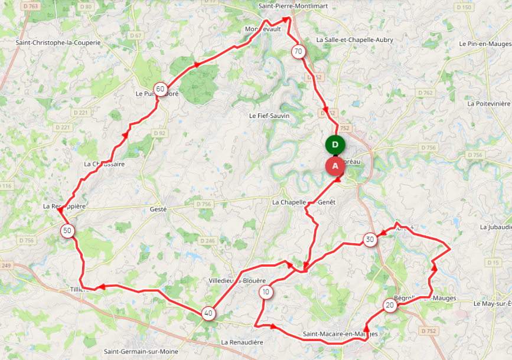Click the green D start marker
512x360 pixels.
point(335,145)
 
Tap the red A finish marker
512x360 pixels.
point(335,166)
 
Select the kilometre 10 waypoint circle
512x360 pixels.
point(266,292)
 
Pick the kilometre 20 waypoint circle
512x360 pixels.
point(390,305)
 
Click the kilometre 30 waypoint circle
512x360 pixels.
point(370,239)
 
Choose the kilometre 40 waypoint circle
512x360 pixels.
point(208,313)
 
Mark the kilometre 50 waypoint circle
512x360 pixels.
point(68,231)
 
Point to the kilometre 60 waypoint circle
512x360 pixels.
point(160,89)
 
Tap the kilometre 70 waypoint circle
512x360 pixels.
point(298,51)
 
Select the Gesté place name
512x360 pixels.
point(158,209)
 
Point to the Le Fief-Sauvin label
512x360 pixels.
point(269,116)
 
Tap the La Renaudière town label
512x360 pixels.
point(242,342)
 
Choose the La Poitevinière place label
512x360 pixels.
point(488,103)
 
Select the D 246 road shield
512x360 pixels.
point(207,241)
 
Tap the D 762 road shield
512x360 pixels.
point(425,93)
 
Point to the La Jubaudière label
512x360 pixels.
point(496,227)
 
